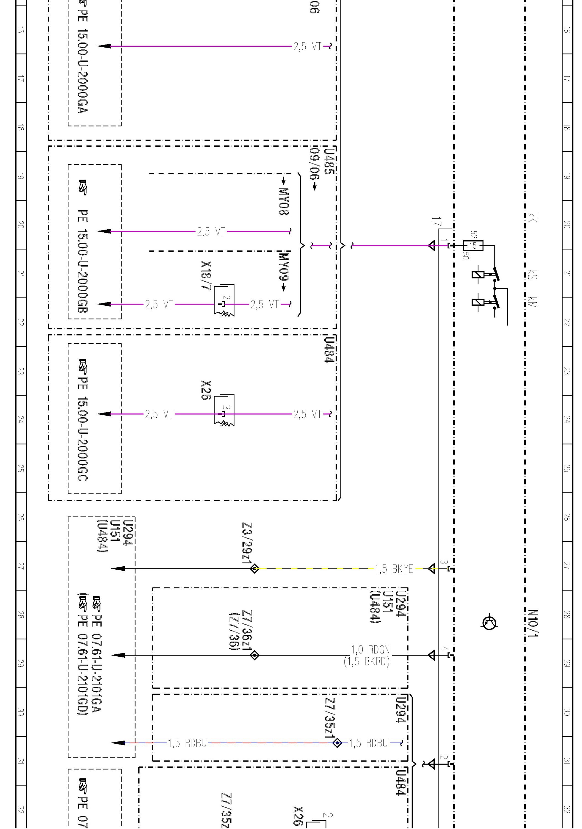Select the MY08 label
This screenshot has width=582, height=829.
pos(284,201)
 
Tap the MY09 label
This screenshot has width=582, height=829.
pos(284,267)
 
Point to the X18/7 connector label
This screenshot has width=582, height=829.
pos(206,276)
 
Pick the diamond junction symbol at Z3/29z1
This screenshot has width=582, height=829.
pos(254,569)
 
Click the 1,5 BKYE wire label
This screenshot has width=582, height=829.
pos(394,569)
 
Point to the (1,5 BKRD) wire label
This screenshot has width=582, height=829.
pos(367,662)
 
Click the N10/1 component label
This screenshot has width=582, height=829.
pos(533,624)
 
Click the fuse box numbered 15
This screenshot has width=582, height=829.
pos(473,246)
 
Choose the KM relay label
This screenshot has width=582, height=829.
pos(533,302)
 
